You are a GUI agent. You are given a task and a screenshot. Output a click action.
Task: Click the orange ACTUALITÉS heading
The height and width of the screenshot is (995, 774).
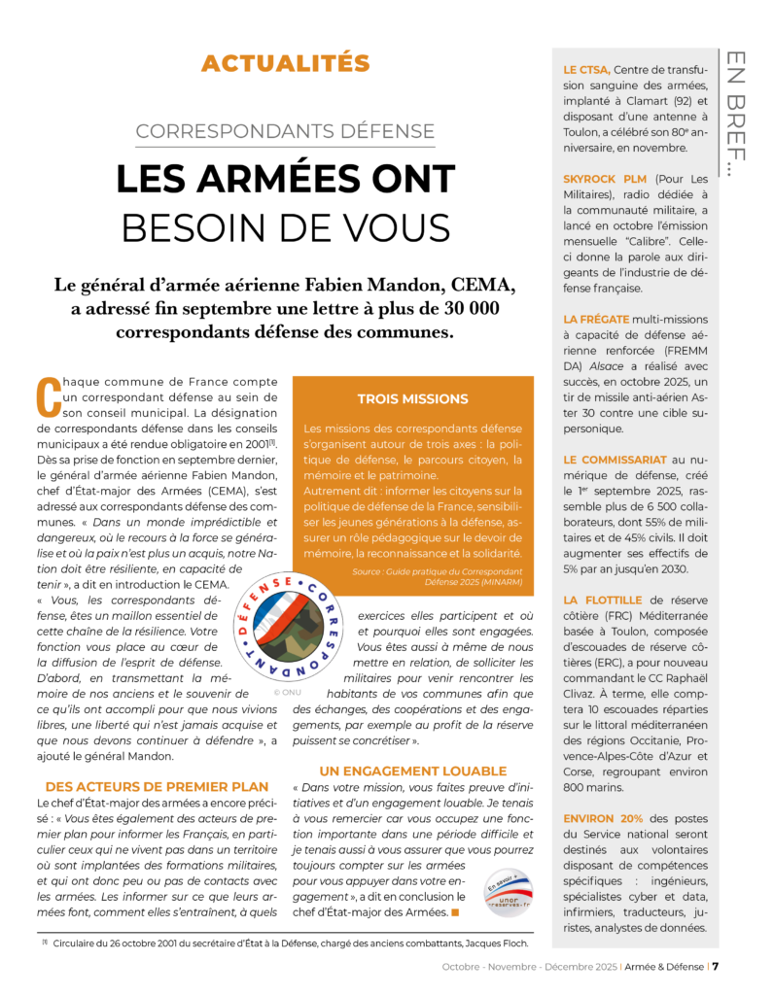[x=285, y=64]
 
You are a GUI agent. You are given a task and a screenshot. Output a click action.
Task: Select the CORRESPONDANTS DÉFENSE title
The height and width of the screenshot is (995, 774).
[x=285, y=132]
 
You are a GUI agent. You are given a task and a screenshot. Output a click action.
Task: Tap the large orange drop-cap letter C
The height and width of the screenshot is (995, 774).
[x=49, y=397]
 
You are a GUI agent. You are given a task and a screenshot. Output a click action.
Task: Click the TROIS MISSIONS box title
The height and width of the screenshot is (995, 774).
[x=412, y=399]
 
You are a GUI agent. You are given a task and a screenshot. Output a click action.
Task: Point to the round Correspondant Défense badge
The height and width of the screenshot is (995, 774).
[x=288, y=627]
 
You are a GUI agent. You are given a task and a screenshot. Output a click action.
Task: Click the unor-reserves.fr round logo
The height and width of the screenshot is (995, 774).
[x=509, y=892]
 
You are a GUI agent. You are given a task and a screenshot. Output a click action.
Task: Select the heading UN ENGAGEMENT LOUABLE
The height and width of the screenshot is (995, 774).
[x=413, y=772]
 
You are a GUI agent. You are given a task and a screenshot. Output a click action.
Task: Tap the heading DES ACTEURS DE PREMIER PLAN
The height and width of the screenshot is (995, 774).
[x=157, y=786]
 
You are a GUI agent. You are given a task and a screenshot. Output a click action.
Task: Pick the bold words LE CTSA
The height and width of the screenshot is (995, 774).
[x=587, y=70]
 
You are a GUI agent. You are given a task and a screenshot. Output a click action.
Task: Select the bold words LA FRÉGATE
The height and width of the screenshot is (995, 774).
[x=596, y=319]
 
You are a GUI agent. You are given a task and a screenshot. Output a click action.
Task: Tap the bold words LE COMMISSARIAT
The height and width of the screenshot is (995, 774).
[x=615, y=459]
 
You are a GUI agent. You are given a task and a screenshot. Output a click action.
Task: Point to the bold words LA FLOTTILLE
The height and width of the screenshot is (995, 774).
[x=603, y=600]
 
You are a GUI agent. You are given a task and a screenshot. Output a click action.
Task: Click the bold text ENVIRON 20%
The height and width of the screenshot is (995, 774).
[x=603, y=819]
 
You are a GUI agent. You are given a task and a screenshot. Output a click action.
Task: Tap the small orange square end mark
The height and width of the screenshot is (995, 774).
[x=455, y=912]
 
